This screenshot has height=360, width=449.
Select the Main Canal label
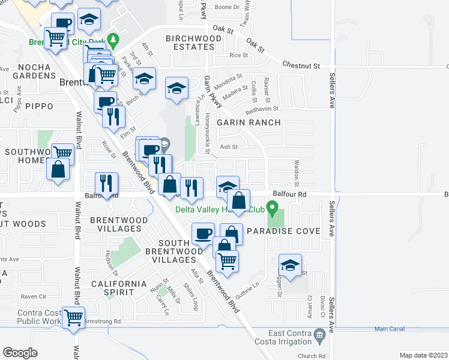click(x=390, y=329)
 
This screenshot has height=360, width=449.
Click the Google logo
click(x=20, y=353)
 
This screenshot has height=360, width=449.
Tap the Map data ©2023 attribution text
click(x=423, y=355)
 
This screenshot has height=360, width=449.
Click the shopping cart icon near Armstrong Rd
click(x=74, y=317)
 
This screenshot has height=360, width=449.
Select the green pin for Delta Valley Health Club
click(x=272, y=209)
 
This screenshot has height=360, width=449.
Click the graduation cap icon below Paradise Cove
click(x=290, y=266)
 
